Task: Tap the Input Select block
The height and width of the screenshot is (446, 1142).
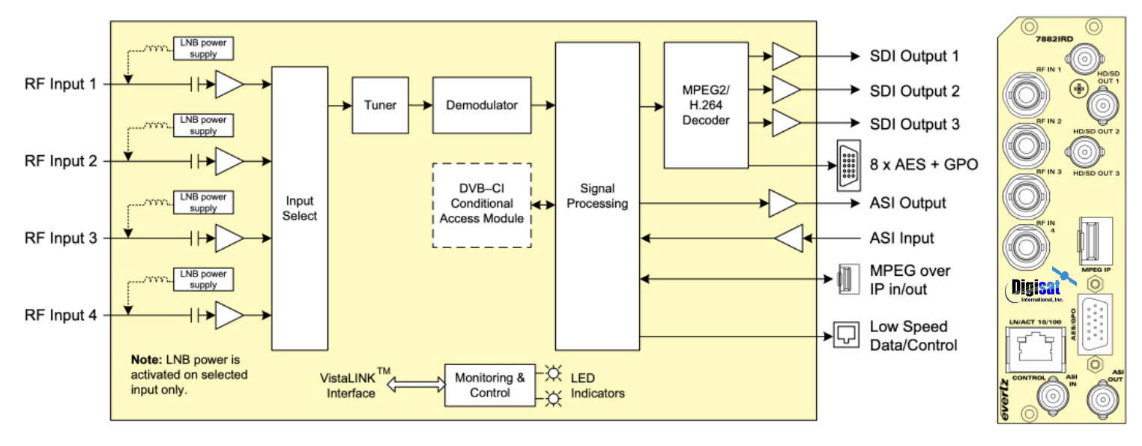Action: (x=300, y=208)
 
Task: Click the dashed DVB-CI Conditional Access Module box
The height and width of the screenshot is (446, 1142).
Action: (x=482, y=205)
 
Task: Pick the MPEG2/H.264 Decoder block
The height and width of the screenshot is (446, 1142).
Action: (x=706, y=105)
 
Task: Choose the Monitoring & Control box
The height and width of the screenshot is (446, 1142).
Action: (x=490, y=385)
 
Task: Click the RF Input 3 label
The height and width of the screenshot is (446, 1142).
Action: (x=60, y=238)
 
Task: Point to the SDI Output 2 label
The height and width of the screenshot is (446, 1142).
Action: (x=914, y=91)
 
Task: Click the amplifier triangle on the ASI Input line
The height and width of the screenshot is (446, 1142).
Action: (x=788, y=238)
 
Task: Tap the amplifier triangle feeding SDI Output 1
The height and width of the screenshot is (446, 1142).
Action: (x=785, y=56)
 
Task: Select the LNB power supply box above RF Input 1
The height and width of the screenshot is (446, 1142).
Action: (x=203, y=49)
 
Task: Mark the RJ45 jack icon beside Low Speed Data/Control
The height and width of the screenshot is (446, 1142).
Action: (x=844, y=336)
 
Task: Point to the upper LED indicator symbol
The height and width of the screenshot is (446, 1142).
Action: (x=554, y=373)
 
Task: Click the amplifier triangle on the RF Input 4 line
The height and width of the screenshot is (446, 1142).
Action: (x=229, y=316)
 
